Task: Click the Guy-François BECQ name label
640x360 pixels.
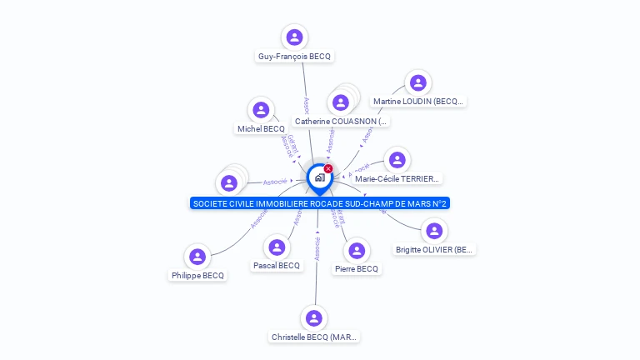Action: tap(294, 57)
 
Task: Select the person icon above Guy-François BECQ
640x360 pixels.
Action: tap(294, 37)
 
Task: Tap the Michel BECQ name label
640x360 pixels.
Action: tap(261, 129)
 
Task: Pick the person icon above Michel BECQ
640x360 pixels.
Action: tap(261, 110)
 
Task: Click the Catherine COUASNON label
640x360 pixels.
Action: tap(342, 122)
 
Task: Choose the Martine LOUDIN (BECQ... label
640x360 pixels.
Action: tap(417, 102)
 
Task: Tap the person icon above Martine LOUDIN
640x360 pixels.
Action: tap(417, 82)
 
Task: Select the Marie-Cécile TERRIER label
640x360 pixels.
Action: tap(397, 178)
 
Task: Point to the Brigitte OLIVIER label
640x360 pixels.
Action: tap(434, 249)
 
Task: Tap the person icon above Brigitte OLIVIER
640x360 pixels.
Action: tap(433, 231)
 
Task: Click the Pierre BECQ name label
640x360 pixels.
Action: tap(357, 269)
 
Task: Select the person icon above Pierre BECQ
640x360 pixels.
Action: tap(357, 250)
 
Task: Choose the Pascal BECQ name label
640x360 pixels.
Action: tap(276, 266)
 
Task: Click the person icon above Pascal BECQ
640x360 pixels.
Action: tap(277, 247)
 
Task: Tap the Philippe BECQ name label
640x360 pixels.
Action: tap(197, 276)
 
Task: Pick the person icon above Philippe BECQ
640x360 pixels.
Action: tap(197, 257)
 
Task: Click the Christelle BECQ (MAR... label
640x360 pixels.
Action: tap(314, 337)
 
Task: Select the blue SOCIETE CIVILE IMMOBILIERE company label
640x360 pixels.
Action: tap(320, 203)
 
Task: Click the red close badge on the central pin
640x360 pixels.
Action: tap(328, 169)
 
